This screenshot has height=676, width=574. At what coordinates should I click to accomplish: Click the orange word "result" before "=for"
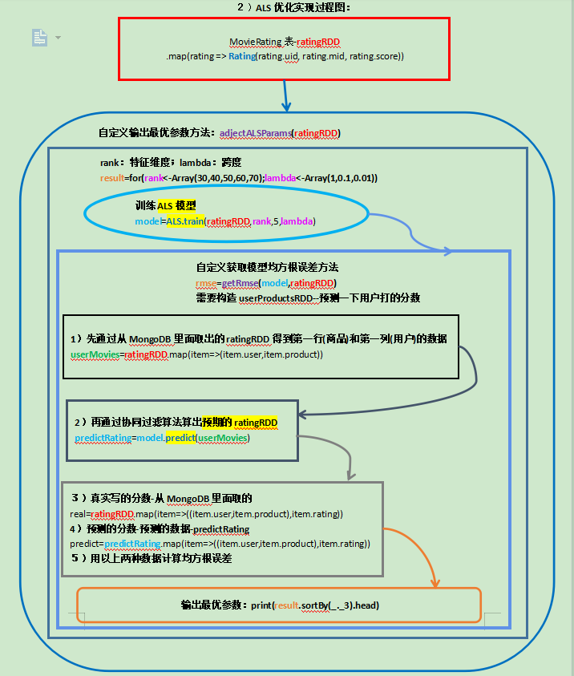[112, 177]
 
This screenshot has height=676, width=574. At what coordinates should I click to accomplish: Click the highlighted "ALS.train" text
[184, 221]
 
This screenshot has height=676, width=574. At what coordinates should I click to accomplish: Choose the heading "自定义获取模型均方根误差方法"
[273, 268]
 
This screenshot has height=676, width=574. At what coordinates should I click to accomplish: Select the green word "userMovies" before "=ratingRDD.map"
[96, 354]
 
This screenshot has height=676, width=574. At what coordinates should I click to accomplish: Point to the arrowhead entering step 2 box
[305, 414]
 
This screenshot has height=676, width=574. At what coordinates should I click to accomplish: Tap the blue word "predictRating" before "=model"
[103, 438]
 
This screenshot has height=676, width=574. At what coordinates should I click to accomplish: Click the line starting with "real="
[207, 513]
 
